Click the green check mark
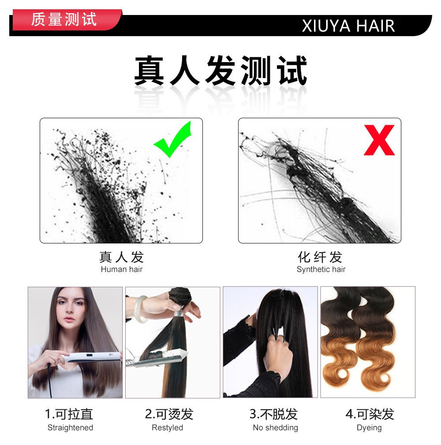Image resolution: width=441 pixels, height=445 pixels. click(173, 140)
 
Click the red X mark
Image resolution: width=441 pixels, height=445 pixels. click(379, 140)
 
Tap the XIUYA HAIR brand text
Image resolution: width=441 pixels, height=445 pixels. click(348, 26)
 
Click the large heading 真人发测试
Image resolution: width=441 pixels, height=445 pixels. click(220, 71)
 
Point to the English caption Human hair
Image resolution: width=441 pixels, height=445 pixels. click(122, 269)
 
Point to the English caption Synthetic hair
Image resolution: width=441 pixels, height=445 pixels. click(321, 269)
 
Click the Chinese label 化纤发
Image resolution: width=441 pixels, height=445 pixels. click(320, 257)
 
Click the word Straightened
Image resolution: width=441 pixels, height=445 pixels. click(70, 427)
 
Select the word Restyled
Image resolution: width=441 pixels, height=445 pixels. click(167, 427)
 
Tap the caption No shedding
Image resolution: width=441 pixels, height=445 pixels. click(275, 427)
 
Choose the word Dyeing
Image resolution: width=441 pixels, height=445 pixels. click(369, 427)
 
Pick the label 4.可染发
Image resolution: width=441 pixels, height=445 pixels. click(369, 414)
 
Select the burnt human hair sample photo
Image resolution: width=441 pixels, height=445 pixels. click(121, 181)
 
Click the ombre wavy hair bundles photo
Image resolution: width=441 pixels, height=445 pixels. click(367, 342)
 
